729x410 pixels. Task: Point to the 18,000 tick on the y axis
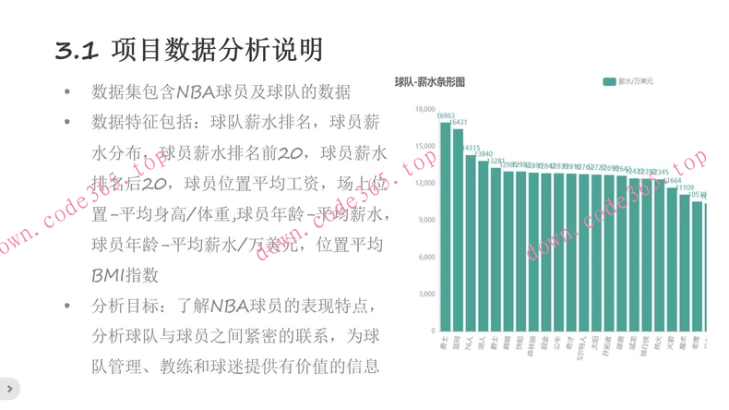click(x=424, y=110)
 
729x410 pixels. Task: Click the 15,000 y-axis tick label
click(x=424, y=147)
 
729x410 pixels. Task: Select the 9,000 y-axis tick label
click(x=426, y=221)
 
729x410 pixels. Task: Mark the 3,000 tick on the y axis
click(x=426, y=295)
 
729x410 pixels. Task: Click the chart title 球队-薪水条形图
click(x=429, y=82)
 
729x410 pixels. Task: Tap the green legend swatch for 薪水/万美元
click(x=609, y=82)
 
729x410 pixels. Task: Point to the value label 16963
click(x=446, y=116)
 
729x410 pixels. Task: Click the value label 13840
click(x=484, y=153)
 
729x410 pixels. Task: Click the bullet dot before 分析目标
click(x=66, y=306)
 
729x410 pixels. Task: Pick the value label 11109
click(x=685, y=187)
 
